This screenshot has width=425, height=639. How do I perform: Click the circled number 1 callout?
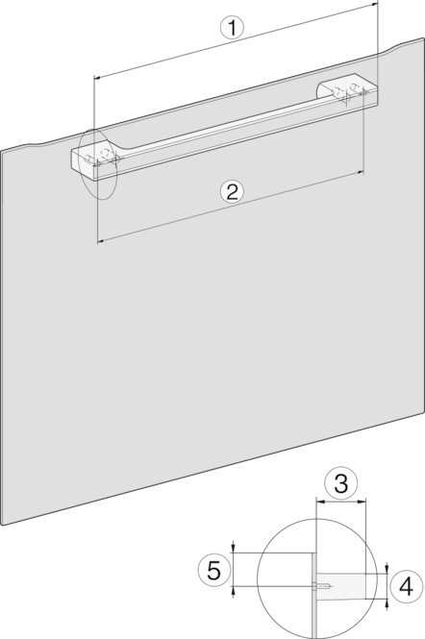click(232, 29)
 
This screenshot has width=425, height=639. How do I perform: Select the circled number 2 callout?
click(232, 191)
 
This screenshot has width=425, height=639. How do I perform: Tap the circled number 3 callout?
click(341, 483)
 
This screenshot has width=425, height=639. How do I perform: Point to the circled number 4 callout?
click(406, 587)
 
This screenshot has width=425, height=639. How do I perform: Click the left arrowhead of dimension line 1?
click(97, 76)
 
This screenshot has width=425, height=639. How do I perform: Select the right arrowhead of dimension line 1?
click(375, 5)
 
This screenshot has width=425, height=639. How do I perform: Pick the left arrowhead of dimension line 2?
click(101, 242)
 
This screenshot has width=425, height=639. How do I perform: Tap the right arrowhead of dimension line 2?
click(361, 173)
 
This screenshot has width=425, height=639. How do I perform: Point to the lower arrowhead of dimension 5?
click(233, 591)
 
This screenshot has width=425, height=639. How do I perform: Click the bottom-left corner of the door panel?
click(4, 526)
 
